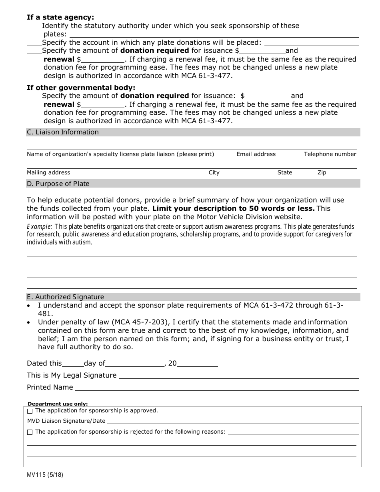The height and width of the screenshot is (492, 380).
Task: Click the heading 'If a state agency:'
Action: [x=60, y=17]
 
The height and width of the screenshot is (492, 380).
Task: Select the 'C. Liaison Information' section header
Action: [x=63, y=132]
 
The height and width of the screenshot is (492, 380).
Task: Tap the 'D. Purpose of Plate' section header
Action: [x=58, y=184]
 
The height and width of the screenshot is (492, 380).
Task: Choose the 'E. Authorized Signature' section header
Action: [x=65, y=297]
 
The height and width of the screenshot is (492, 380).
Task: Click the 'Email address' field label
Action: [x=256, y=154]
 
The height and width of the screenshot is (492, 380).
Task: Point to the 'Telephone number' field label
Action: [x=330, y=154]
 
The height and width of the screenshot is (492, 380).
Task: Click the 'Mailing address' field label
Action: [x=48, y=172]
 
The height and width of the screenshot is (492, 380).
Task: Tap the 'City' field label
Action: [x=214, y=172]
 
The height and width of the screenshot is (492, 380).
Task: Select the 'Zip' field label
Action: [x=322, y=172]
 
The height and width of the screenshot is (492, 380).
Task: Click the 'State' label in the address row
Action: [x=285, y=172]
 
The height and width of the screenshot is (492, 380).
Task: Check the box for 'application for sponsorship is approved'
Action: [x=30, y=411]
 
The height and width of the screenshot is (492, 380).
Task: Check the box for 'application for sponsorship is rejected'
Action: [x=30, y=432]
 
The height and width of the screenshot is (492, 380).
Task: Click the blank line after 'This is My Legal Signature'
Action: [x=238, y=375]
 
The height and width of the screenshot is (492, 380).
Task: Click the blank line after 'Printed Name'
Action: [x=216, y=387]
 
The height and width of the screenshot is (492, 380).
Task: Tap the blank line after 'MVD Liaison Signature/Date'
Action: [x=232, y=421]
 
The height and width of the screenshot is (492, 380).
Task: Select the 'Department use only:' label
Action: [x=58, y=404]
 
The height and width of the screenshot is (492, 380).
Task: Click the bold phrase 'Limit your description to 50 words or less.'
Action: [x=233, y=208]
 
